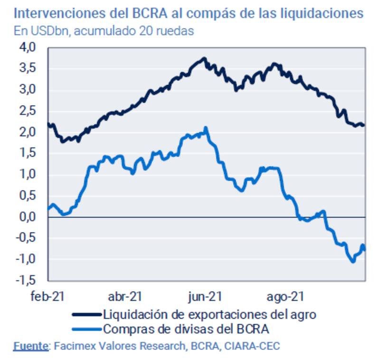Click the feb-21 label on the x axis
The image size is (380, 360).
pos(47,296)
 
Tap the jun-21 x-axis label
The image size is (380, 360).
pos(205,296)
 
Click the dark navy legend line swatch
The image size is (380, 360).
pos(86,314)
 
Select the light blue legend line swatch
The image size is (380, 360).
pos(86,328)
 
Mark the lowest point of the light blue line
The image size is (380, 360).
pos(353,262)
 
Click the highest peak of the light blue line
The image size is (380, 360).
pos(206,127)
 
